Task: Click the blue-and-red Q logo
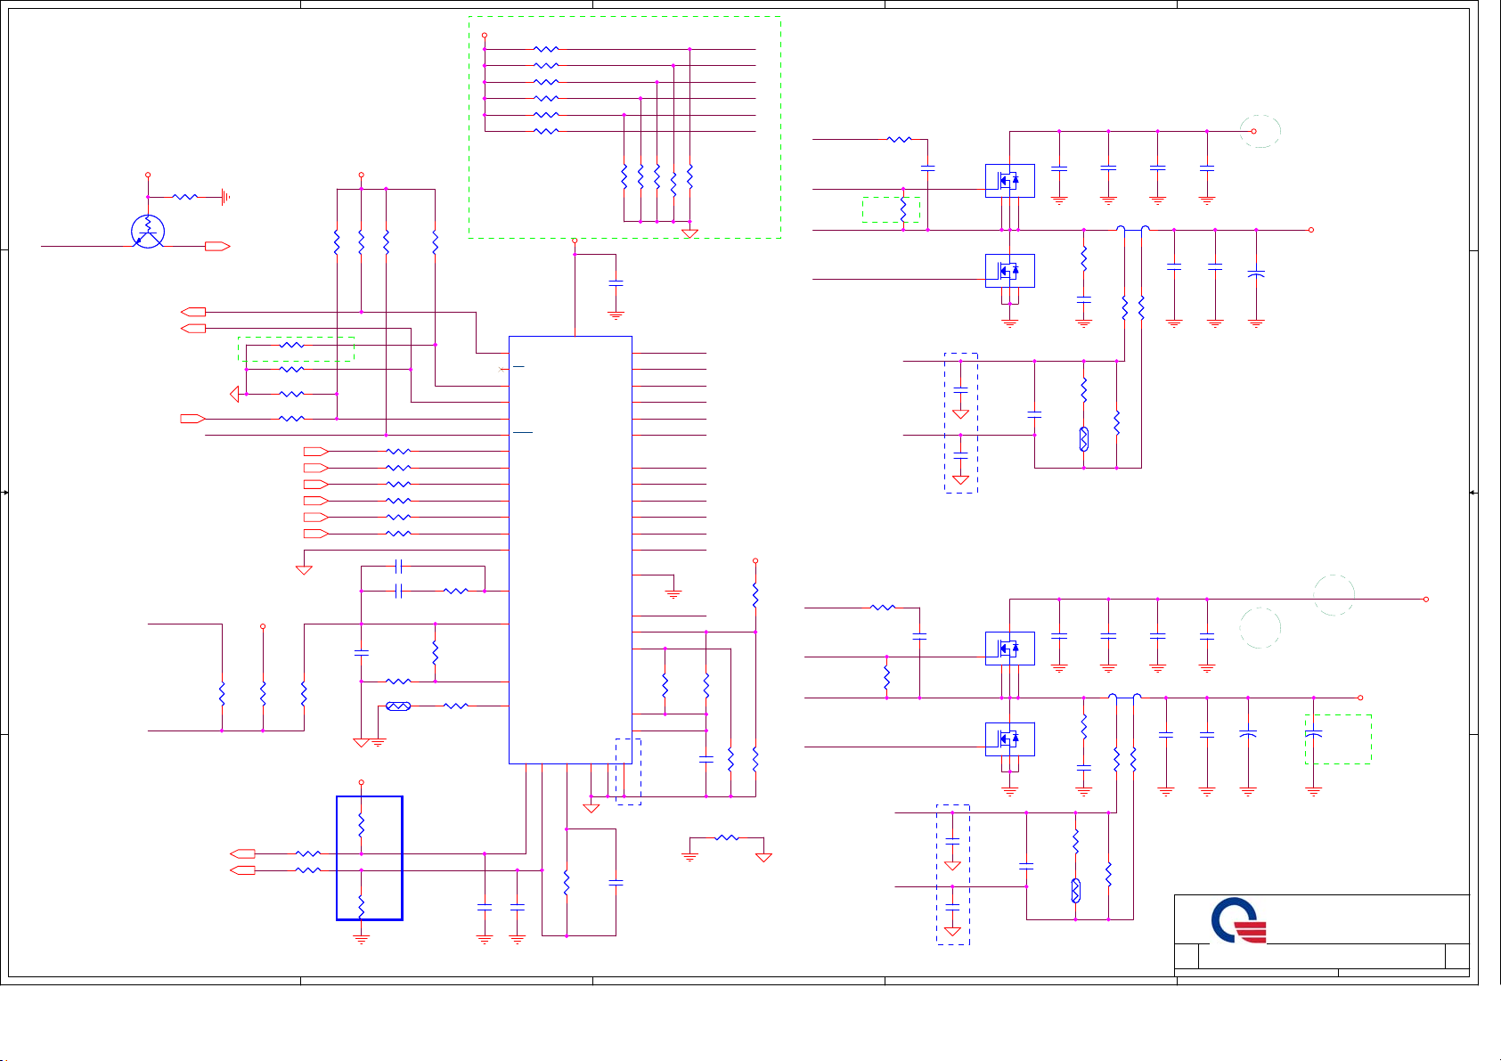coord(1238,921)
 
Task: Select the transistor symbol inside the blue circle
coord(148,232)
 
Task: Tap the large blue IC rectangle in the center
coord(570,549)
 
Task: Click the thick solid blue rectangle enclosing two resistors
coord(370,858)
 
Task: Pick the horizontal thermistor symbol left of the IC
coord(397,706)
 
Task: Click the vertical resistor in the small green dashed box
coord(903,209)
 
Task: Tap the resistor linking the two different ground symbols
coord(727,838)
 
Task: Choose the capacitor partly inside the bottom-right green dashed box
coord(1313,735)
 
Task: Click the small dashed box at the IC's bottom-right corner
coord(628,771)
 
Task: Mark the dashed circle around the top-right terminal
coord(1261,132)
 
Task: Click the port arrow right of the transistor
coord(217,247)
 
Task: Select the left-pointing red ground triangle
coord(235,394)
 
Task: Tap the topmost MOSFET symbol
coord(1009,181)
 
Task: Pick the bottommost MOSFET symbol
coord(1009,739)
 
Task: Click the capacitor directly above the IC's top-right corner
coord(616,283)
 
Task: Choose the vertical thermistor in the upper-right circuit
coord(1084,439)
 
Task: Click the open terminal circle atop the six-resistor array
coord(485,36)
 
